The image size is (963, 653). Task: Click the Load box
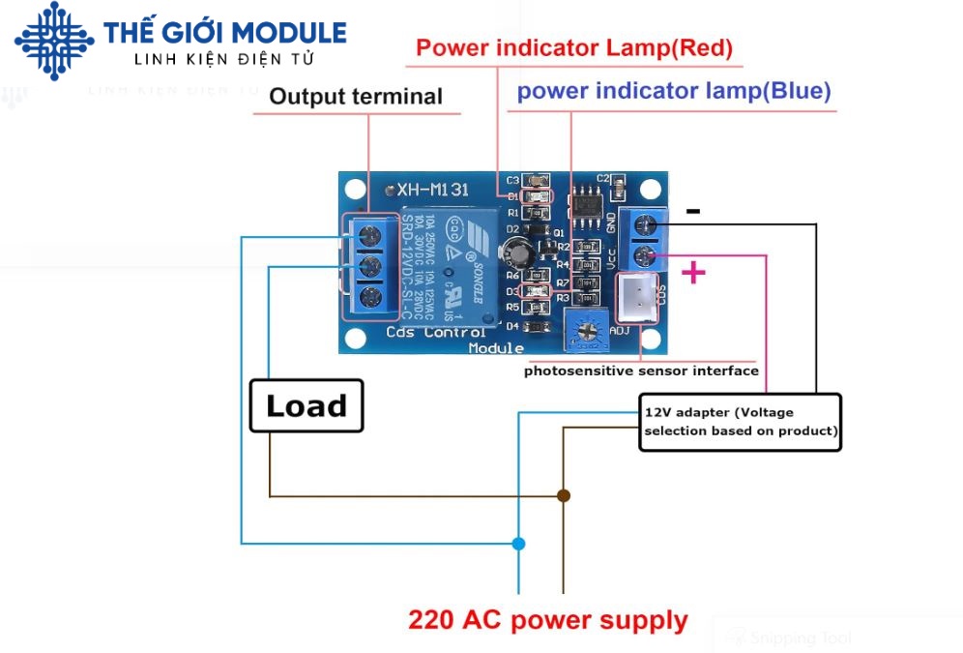(306, 405)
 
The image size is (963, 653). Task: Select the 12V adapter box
(741, 422)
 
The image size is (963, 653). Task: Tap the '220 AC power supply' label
(547, 620)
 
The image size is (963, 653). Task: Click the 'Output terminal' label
(355, 97)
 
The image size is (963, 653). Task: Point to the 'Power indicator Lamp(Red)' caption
(574, 47)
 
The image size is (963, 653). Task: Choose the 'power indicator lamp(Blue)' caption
(674, 92)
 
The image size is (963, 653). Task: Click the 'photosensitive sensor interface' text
(641, 371)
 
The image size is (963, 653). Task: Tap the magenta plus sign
(693, 273)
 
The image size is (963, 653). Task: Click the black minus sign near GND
(693, 210)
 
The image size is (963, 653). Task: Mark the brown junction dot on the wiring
(564, 495)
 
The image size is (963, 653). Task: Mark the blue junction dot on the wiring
(518, 544)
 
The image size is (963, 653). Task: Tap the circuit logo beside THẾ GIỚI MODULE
(54, 41)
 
